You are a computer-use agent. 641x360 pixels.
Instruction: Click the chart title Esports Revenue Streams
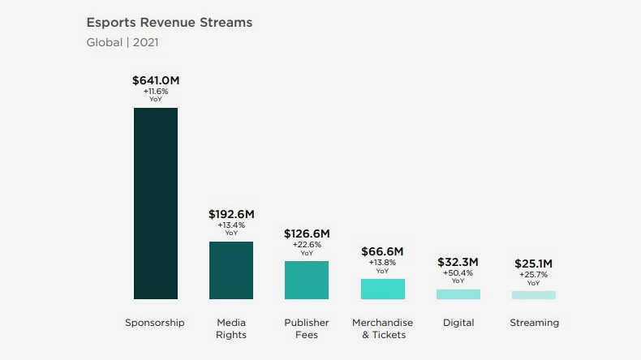tap(169, 23)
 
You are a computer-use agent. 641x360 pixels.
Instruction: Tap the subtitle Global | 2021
tap(127, 42)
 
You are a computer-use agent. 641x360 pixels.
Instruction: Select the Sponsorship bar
tap(155, 204)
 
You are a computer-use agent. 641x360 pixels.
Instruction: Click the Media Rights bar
tap(231, 270)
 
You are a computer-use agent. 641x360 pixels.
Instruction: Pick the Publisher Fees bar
tap(307, 280)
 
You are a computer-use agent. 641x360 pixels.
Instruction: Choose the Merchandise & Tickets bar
tap(382, 289)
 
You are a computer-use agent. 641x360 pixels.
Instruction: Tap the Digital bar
tap(458, 294)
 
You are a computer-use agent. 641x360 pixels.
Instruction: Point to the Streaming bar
tap(534, 295)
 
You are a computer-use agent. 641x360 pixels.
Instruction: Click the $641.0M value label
tap(155, 80)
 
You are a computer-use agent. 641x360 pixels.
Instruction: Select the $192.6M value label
tap(231, 214)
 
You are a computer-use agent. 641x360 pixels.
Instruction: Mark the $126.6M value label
tap(307, 234)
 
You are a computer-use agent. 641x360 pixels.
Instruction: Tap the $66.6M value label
tap(382, 251)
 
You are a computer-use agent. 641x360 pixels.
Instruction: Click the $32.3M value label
tap(458, 262)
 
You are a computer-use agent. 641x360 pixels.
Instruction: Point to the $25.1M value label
tap(534, 264)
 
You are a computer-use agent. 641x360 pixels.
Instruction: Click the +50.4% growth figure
tap(458, 273)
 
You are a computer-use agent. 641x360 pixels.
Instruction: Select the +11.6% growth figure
tap(155, 92)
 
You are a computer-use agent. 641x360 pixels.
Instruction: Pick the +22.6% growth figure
tap(307, 245)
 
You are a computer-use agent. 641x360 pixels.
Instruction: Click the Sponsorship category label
tap(155, 323)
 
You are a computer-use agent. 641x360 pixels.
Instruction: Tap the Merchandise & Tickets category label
tap(382, 328)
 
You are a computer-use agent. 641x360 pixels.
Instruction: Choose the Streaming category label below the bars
tap(534, 323)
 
